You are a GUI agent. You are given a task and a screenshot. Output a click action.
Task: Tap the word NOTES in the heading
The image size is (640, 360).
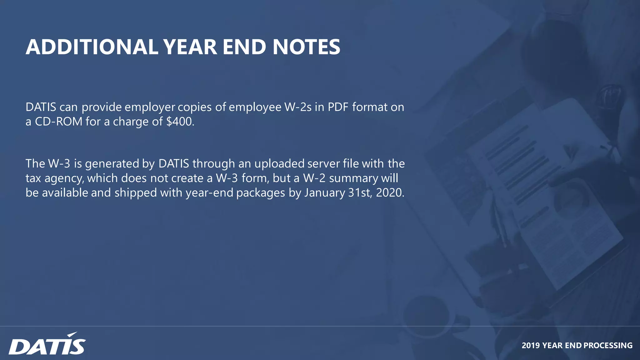point(306,47)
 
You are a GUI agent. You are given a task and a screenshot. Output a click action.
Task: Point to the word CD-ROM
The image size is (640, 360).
point(58,122)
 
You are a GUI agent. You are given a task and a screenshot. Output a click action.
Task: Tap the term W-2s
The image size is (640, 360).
point(298,107)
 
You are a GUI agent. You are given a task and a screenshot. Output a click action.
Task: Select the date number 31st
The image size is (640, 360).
point(360,192)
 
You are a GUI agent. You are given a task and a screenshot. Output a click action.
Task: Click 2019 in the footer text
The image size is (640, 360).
point(531,345)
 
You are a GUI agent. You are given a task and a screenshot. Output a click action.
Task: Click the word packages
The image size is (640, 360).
point(261,193)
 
